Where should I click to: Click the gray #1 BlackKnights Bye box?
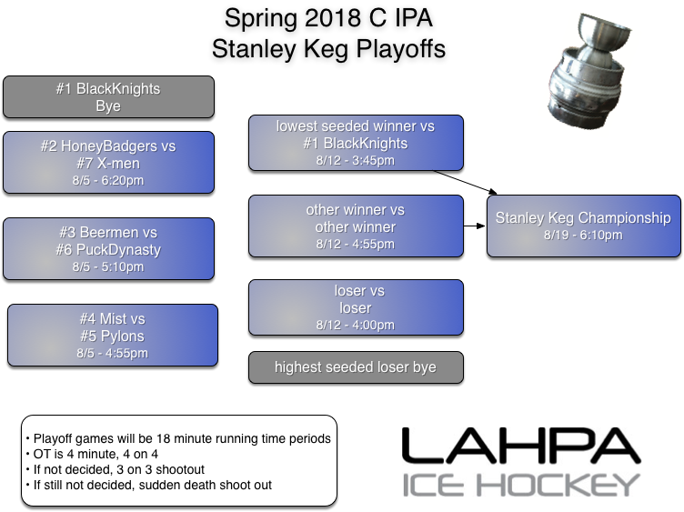108,97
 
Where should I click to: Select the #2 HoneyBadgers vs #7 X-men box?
108,162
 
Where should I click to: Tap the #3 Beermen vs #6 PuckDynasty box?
108,248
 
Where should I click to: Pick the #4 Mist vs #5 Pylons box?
112,335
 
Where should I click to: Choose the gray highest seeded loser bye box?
356,367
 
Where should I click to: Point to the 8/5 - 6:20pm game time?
108,180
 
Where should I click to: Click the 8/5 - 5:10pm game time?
108,267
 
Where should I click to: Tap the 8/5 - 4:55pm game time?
112,354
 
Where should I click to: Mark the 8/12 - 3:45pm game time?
356,161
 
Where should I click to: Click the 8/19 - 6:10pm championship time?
583,236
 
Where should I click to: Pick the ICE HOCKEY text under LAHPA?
520,485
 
